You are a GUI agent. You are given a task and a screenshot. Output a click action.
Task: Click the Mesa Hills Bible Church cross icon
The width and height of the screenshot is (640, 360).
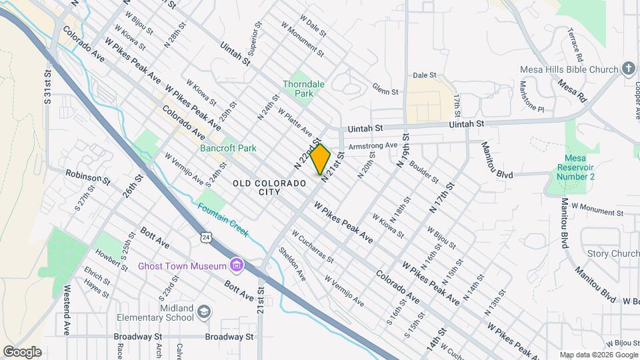[628, 69]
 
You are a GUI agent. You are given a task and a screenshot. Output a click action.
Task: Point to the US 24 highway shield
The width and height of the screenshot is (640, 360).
[207, 237]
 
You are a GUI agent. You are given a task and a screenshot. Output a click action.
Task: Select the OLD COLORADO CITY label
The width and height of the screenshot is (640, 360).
[263, 187]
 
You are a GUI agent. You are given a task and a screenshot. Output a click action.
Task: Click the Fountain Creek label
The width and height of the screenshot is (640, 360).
[223, 219]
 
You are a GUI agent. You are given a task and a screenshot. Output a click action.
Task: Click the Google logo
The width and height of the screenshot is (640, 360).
[22, 352]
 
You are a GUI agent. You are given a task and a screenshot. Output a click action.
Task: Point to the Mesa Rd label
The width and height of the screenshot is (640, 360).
[572, 92]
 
